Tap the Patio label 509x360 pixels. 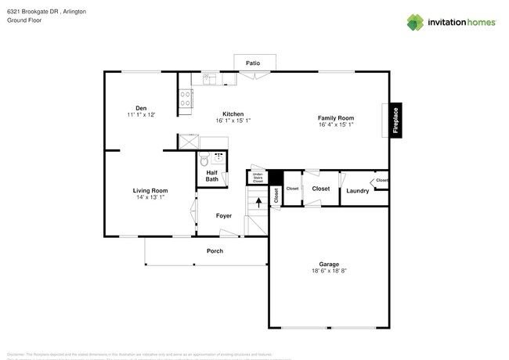[x=253, y=63]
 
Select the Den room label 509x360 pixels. [x=141, y=108]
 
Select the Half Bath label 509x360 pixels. [x=212, y=176]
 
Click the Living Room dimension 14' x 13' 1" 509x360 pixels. [x=150, y=196]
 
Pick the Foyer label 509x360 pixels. [x=224, y=215]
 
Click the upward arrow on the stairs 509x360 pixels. [x=258, y=201]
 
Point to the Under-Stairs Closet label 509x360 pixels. [x=258, y=178]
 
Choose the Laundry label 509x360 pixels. [x=358, y=191]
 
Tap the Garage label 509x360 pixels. [x=328, y=265]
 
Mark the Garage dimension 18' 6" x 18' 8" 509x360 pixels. [x=328, y=272]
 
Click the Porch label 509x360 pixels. [x=215, y=251]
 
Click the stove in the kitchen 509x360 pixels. [x=187, y=98]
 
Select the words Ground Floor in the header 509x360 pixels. [x=24, y=20]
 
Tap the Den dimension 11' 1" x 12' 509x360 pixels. [x=141, y=115]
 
